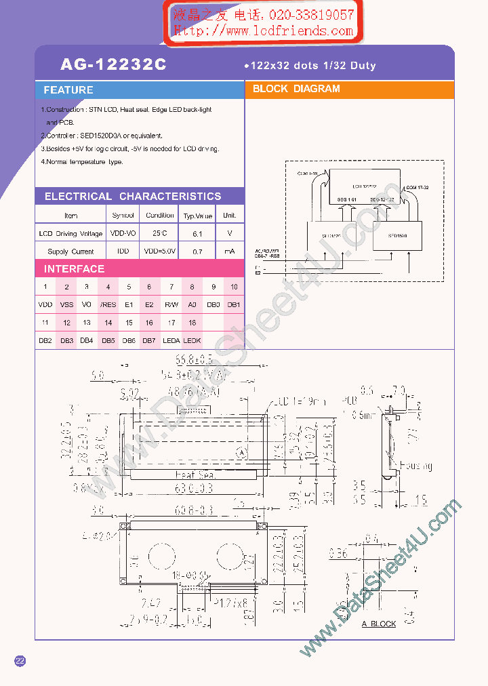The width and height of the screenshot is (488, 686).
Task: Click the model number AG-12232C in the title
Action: pos(113,65)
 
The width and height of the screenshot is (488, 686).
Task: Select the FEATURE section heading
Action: pos(68,90)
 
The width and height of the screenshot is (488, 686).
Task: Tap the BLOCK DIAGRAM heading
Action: pos(296,89)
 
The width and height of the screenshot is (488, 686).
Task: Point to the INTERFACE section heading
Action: pos(75,269)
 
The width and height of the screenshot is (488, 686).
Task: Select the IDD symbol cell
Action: pos(123,251)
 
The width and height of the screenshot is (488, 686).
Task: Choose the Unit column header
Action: pos(229,216)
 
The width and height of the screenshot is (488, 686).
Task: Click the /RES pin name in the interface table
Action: pos(108,305)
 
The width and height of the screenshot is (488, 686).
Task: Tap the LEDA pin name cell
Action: pos(171,340)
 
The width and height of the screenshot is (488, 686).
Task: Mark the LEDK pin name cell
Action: pos(192,340)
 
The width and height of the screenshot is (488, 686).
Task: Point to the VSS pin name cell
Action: pos(66,305)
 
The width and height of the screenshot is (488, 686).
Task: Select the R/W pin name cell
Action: pos(171,305)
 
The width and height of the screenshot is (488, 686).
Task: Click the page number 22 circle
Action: pos(20,662)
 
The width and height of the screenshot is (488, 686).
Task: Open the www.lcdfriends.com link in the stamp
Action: pos(264,31)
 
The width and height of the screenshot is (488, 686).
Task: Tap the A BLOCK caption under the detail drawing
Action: pos(378,624)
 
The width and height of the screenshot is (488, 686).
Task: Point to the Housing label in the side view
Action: pos(415,466)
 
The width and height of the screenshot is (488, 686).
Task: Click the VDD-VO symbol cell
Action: pos(123,233)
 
